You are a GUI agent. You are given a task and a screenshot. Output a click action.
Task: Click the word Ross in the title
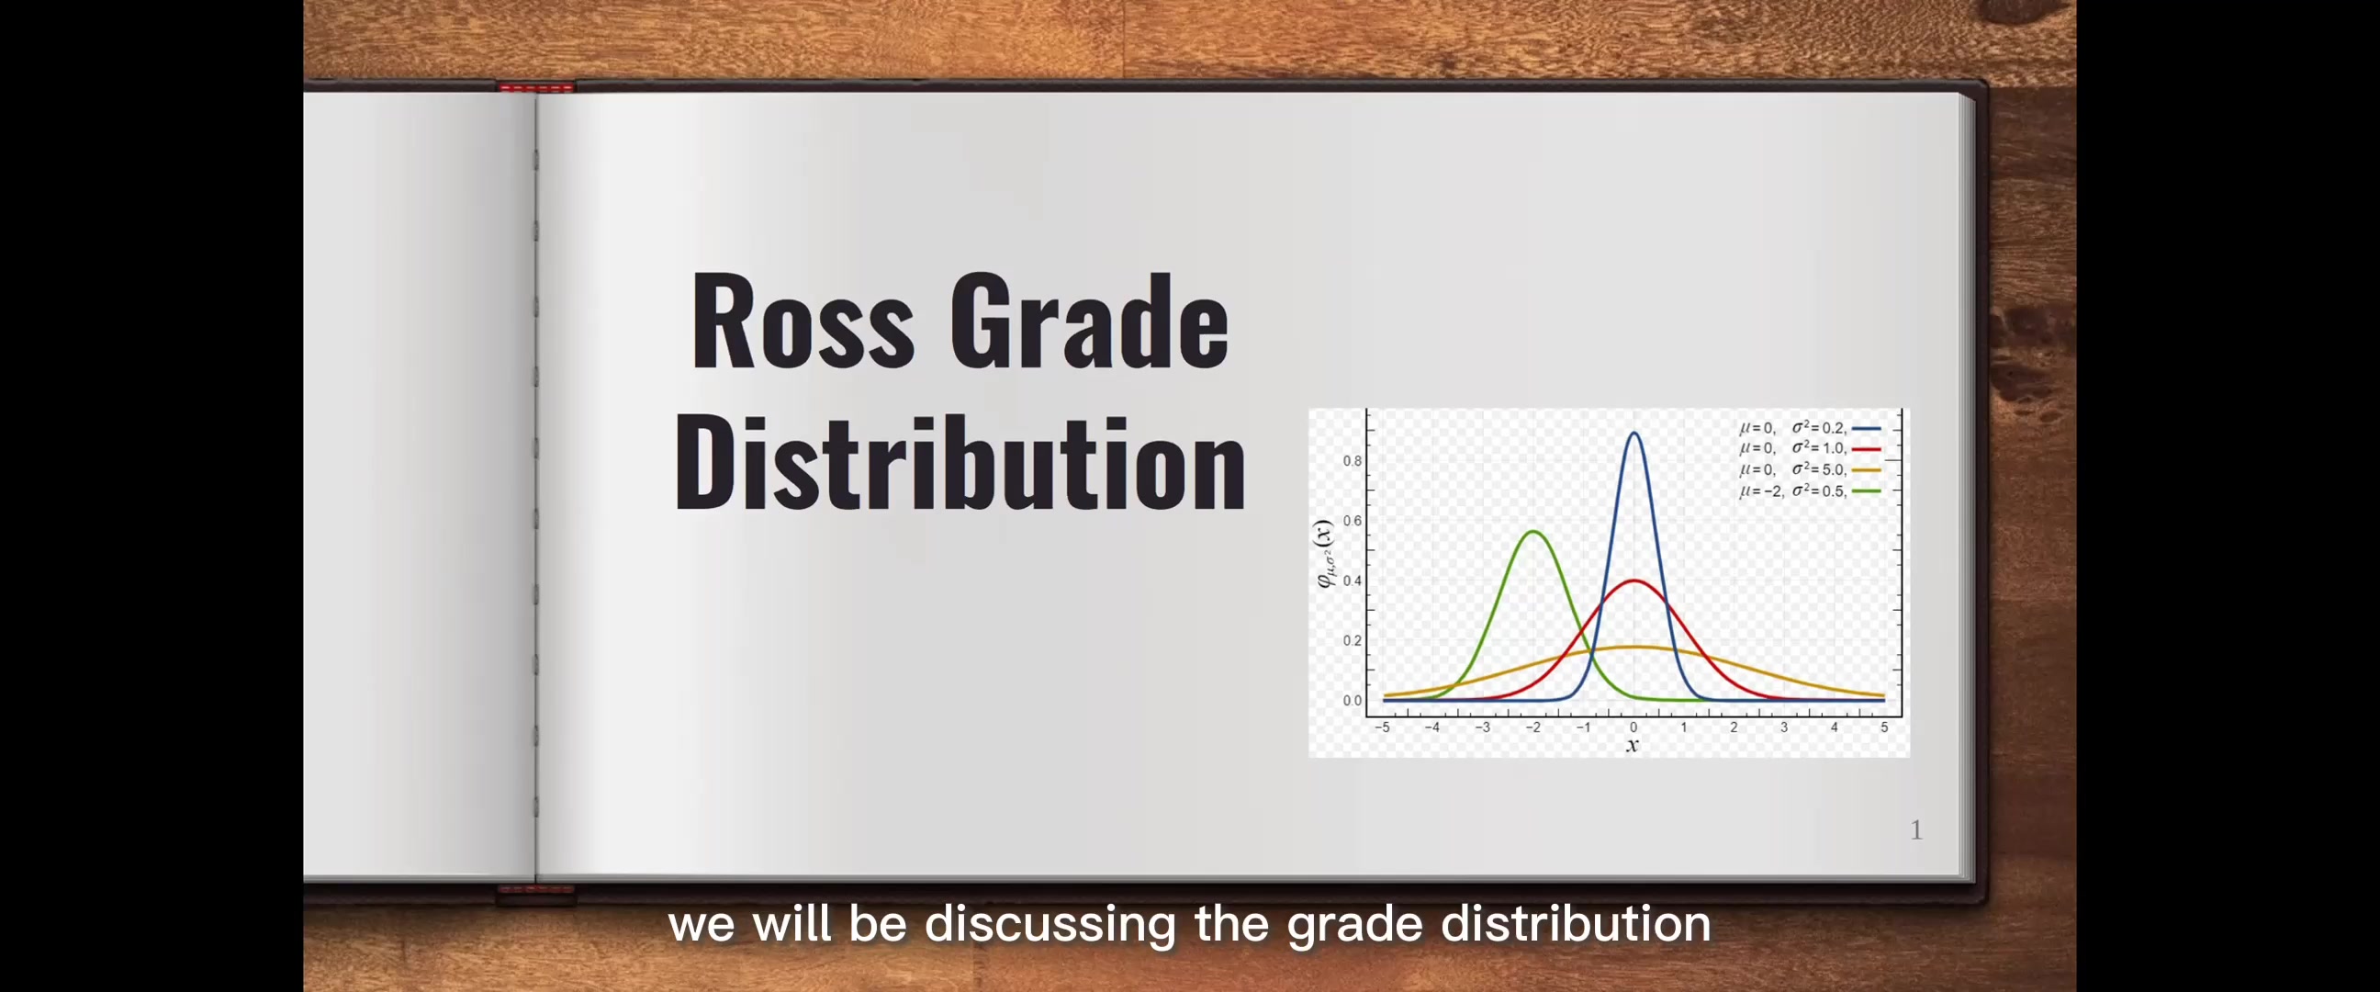pos(802,321)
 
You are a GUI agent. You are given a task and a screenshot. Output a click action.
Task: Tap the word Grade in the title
pos(1089,321)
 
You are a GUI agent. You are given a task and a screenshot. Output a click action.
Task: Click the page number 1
pos(1916,830)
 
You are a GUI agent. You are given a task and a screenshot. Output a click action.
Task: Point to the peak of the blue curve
pos(1634,433)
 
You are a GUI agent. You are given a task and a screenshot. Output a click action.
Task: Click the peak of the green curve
pos(1533,532)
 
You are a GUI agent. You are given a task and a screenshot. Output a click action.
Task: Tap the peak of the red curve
pos(1634,581)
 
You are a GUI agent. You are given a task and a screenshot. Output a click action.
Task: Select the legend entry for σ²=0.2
pos(1809,428)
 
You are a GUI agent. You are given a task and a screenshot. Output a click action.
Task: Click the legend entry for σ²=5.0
pos(1809,469)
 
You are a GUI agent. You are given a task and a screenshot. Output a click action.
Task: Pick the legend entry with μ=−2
pos(1809,490)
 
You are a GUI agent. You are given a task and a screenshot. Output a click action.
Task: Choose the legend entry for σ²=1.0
pos(1809,448)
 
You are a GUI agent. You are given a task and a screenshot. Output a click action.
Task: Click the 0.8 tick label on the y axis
pos(1352,461)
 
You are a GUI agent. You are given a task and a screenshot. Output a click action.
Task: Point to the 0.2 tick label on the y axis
pos(1352,641)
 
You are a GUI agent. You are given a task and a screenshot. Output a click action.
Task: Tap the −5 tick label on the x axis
pos(1382,727)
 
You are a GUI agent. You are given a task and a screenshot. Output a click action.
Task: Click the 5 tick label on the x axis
pos(1884,727)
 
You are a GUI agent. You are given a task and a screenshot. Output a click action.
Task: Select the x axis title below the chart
pos(1633,745)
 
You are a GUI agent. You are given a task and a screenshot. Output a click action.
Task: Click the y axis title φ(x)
pos(1325,554)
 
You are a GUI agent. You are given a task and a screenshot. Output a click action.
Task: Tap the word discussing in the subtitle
pos(1050,924)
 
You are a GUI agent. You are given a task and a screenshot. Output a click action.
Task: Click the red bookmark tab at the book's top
pos(536,88)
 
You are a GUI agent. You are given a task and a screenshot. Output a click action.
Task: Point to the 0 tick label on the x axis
pos(1633,727)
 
